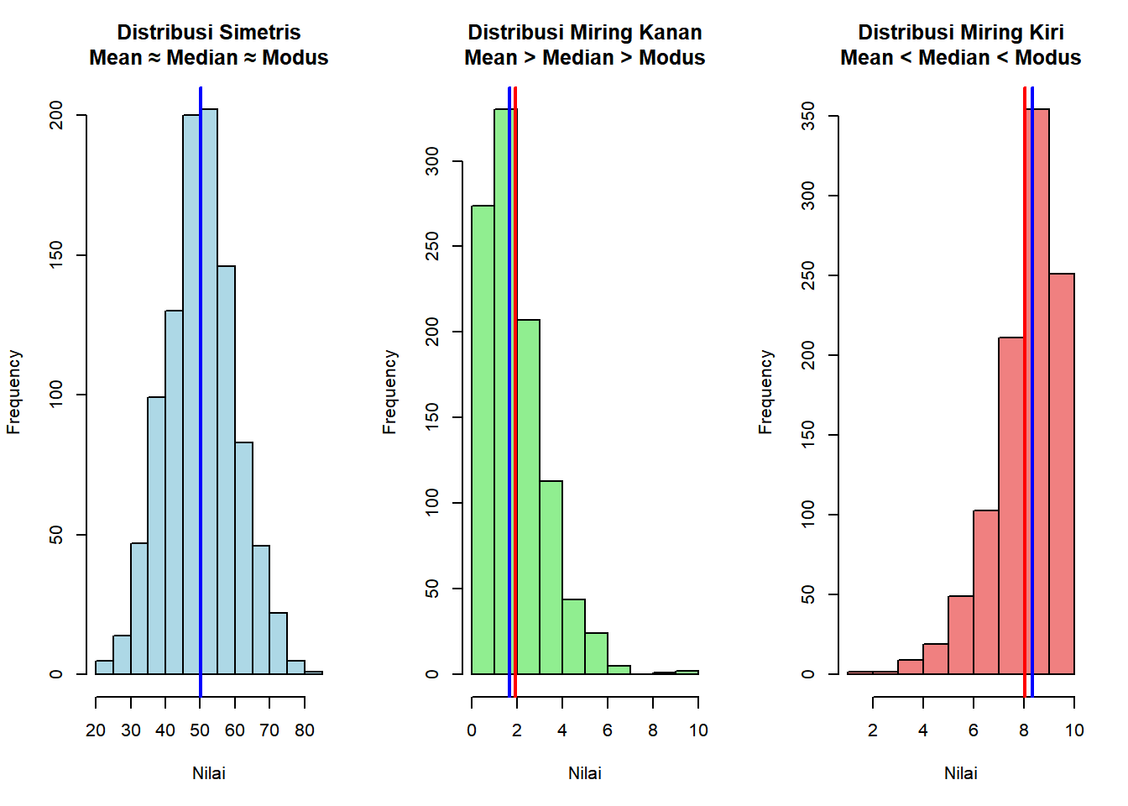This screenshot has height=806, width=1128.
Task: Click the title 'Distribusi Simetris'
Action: coord(208,32)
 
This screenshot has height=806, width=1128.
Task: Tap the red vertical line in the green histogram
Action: coord(515,420)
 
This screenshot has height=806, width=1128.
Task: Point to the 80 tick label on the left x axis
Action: coord(305,730)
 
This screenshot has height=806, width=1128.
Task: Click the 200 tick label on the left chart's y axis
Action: coord(56,115)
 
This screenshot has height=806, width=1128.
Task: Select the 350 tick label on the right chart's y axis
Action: coord(808,116)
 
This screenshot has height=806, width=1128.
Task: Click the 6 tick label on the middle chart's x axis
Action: coord(608,730)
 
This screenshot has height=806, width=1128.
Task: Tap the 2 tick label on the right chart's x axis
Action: coord(873,730)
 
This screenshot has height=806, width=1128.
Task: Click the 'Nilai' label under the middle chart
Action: coord(585,773)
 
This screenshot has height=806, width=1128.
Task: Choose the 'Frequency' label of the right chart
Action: coord(765,392)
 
